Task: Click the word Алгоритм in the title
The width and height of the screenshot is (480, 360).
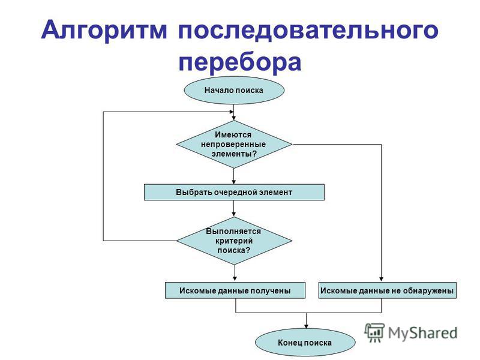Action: tap(104, 31)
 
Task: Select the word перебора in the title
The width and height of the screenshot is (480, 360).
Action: tap(240, 62)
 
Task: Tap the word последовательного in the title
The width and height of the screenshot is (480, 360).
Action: tap(308, 30)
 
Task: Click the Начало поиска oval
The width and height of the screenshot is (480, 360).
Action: tap(234, 91)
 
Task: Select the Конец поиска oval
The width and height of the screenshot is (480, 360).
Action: tap(305, 343)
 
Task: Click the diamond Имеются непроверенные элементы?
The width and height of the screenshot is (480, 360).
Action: tap(234, 144)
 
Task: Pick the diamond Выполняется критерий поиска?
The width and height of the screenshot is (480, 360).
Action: tap(234, 241)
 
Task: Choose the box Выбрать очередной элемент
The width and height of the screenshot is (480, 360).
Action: tap(234, 192)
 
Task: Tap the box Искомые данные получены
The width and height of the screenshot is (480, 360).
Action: tap(235, 290)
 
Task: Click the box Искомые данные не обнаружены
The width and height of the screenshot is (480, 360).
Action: tap(387, 290)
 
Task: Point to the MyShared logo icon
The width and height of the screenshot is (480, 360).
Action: tap(374, 333)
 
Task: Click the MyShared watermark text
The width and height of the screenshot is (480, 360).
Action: tap(423, 333)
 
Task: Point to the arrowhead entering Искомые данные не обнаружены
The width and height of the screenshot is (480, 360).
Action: tap(381, 279)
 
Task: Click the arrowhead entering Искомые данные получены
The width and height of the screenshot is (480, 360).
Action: tap(235, 279)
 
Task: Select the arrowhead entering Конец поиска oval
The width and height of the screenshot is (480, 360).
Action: tap(306, 326)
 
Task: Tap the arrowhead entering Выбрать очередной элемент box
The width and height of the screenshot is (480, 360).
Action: tap(234, 182)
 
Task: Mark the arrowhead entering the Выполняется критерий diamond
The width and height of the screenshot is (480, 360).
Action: tap(234, 214)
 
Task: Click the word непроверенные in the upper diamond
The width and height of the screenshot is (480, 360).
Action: tap(233, 144)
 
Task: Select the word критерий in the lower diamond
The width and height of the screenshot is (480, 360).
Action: tap(234, 241)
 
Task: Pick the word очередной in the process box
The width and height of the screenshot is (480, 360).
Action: tap(235, 193)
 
